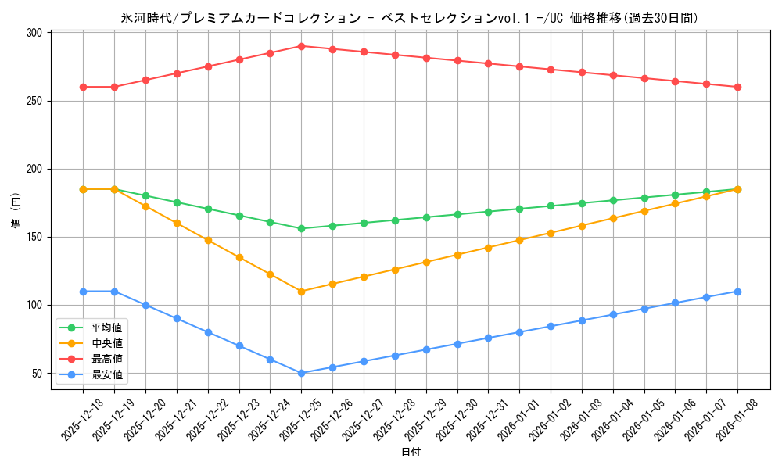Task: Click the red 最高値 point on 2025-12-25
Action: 301,46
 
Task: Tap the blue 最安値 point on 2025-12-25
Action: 301,373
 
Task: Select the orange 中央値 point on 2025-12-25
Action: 301,292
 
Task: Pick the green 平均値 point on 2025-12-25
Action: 301,228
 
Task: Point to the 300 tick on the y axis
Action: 34,33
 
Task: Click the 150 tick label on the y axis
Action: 34,237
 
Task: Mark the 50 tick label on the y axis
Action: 38,373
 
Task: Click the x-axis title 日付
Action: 411,453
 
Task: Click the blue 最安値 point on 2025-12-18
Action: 83,292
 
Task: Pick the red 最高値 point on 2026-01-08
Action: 737,87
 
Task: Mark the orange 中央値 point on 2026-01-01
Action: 519,240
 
